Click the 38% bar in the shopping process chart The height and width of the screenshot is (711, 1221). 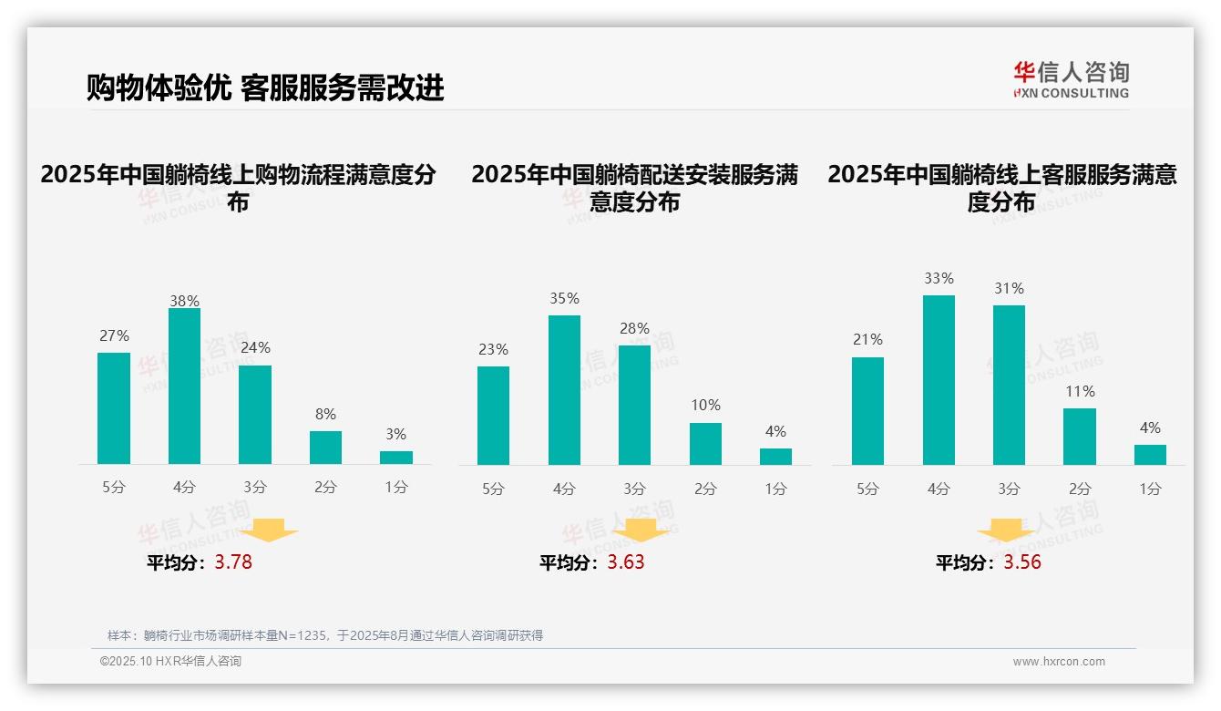pos(184,386)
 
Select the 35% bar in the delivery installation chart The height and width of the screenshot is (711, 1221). pos(564,390)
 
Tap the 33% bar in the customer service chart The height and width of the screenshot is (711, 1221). pos(939,380)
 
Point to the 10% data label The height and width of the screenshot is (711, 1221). pos(705,405)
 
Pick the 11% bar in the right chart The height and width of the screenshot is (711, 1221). pos(1080,437)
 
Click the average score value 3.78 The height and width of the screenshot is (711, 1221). pos(233,562)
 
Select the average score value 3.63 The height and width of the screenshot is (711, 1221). pos(625,562)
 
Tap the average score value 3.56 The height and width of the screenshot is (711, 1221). pos(1022,562)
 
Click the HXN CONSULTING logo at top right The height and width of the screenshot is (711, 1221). pos(1071,79)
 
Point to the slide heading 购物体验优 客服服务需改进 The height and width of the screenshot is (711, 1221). pos(265,88)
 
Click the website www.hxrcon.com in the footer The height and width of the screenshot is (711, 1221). pos(1059,662)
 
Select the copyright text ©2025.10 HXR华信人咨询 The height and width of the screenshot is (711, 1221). pos(170,662)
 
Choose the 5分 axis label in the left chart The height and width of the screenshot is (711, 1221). pos(114,488)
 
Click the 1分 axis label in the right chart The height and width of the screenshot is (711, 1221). pos(1150,489)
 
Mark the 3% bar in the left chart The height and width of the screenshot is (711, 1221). pos(396,458)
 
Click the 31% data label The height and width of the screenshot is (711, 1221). pos(1009,288)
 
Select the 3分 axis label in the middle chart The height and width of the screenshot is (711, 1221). pos(634,489)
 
